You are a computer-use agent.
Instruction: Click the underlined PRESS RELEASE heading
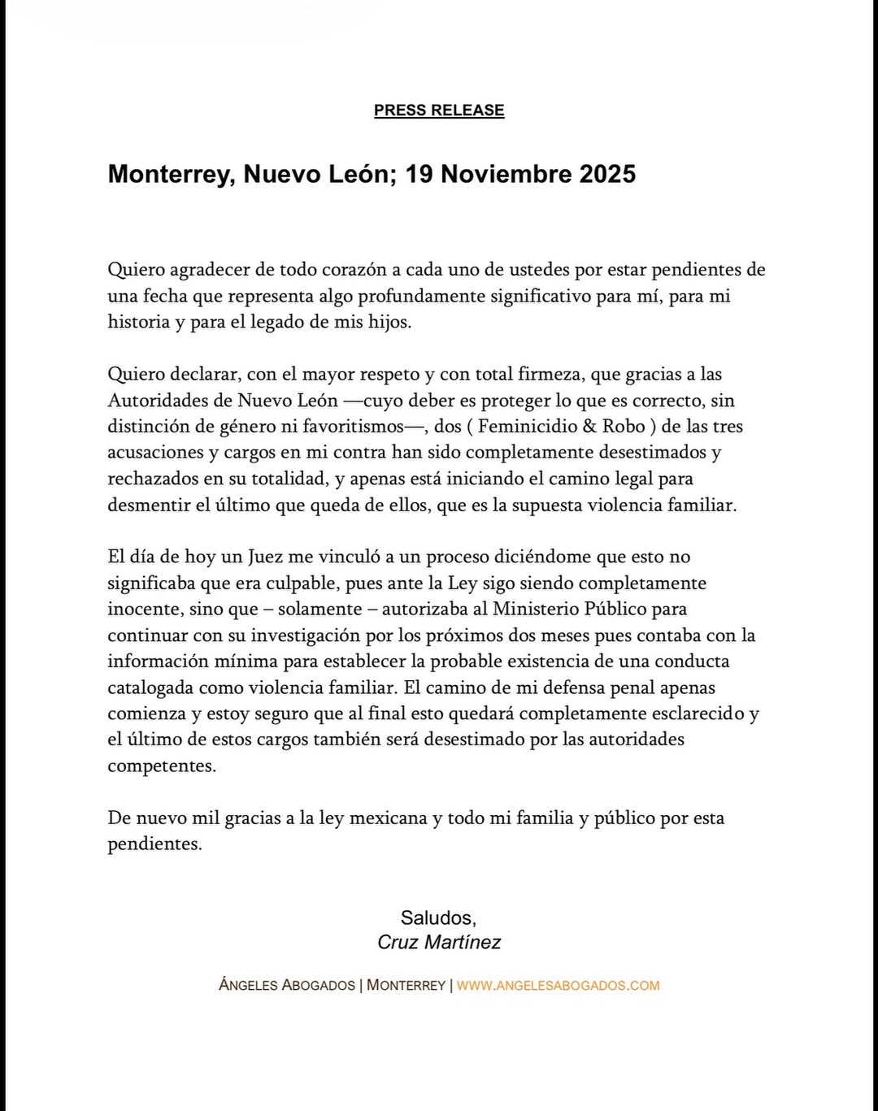pyautogui.click(x=439, y=111)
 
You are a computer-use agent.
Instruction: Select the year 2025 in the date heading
pyautogui.click(x=607, y=174)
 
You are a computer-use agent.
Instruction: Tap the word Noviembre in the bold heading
pyautogui.click(x=506, y=174)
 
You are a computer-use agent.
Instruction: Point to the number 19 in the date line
pyautogui.click(x=419, y=174)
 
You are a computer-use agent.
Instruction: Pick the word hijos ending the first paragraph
pyautogui.click(x=389, y=322)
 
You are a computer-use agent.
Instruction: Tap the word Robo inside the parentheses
pyautogui.click(x=624, y=427)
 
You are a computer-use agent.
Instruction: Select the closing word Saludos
pyautogui.click(x=437, y=918)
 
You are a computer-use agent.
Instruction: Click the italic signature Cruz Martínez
pyautogui.click(x=439, y=943)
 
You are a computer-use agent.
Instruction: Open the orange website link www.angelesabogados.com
pyautogui.click(x=558, y=986)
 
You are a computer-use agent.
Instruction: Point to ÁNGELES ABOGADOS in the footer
pyautogui.click(x=287, y=986)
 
